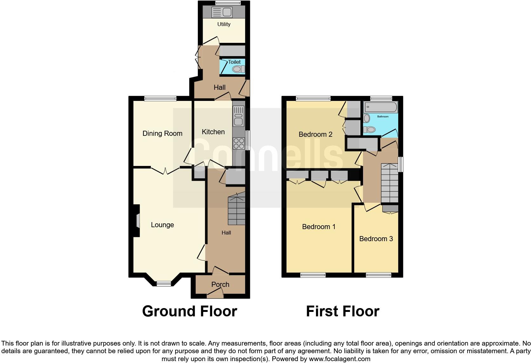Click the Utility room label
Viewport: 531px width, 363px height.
point(224,24)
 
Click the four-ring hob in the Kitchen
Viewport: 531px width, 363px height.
point(239,143)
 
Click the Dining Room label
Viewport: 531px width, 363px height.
point(162,134)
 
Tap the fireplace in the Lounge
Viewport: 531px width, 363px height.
point(137,221)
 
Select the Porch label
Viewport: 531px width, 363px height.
point(220,285)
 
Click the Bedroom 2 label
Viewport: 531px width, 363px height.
point(315,135)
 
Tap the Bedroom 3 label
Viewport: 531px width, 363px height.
point(376,239)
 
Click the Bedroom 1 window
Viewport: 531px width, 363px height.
point(313,275)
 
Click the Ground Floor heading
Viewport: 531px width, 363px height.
point(190,311)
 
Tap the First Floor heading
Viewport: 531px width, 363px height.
point(343,311)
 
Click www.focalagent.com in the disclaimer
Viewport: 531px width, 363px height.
point(339,359)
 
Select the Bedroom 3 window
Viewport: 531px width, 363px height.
point(378,275)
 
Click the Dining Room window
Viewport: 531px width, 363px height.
point(160,98)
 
